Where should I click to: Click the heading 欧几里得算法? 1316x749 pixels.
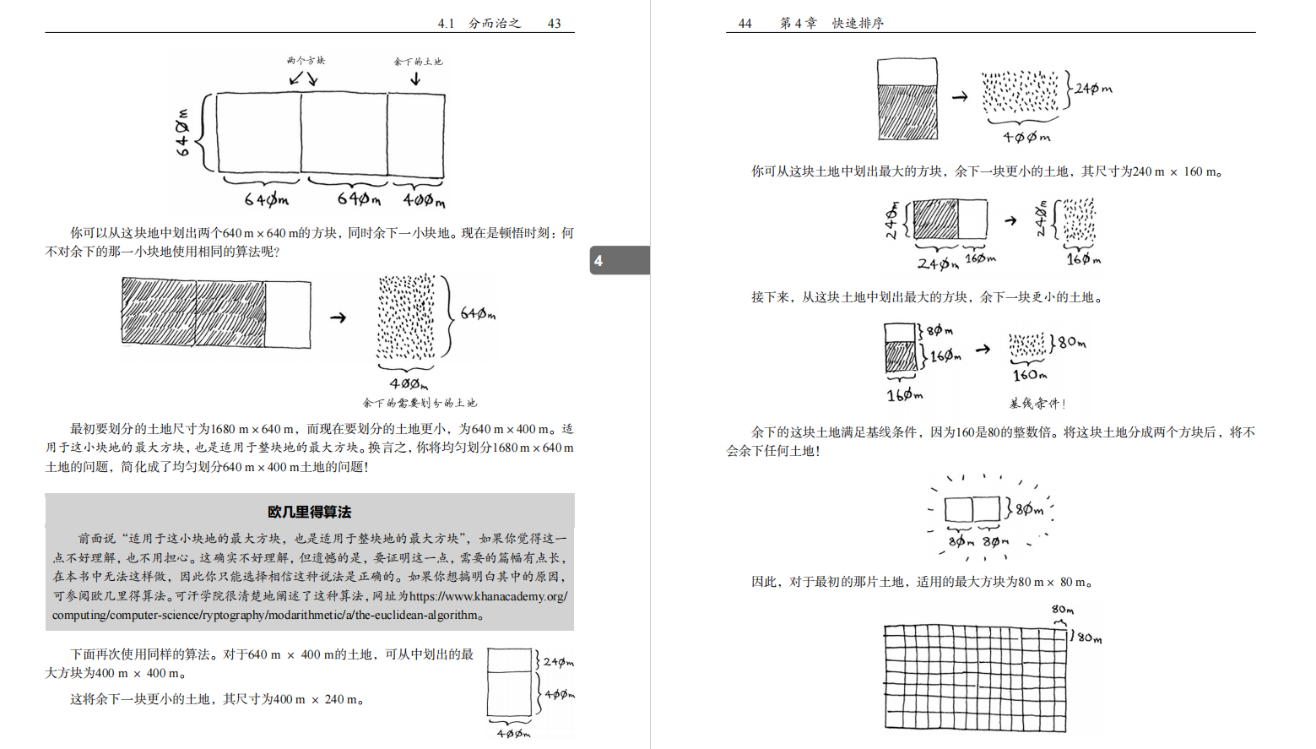point(309,512)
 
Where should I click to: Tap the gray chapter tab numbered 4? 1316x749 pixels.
point(619,260)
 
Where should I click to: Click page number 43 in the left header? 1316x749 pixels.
point(554,23)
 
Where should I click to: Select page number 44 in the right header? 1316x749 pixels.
point(745,23)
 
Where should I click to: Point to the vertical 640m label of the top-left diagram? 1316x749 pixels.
point(182,133)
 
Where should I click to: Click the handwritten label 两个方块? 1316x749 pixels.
point(305,60)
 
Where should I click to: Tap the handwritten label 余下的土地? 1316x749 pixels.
point(418,61)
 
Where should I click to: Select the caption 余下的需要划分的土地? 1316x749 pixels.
point(420,403)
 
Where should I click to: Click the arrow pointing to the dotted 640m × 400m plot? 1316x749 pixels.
point(338,318)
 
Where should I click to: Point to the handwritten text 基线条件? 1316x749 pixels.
point(1037,404)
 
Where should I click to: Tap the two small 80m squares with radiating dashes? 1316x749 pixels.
point(972,509)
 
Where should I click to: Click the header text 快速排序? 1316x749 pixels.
point(858,23)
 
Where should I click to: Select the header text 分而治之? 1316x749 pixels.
point(495,23)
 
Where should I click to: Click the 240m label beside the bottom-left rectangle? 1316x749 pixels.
point(558,662)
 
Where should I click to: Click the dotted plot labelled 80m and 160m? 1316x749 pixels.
point(1026,345)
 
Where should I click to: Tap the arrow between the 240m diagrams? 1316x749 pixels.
point(1010,221)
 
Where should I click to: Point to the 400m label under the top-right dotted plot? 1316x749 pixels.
point(1026,137)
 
